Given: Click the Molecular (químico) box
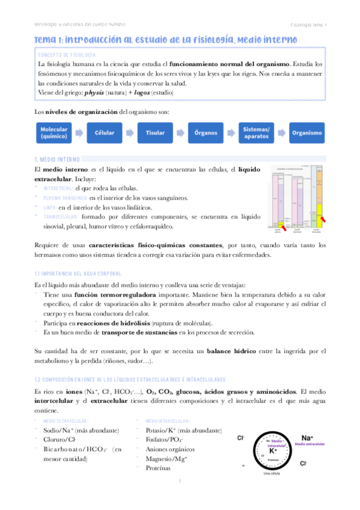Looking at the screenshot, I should [54, 133].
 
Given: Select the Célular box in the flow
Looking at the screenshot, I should [105, 133].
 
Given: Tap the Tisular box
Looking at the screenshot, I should [154, 133].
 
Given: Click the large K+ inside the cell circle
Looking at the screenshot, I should [273, 450].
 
